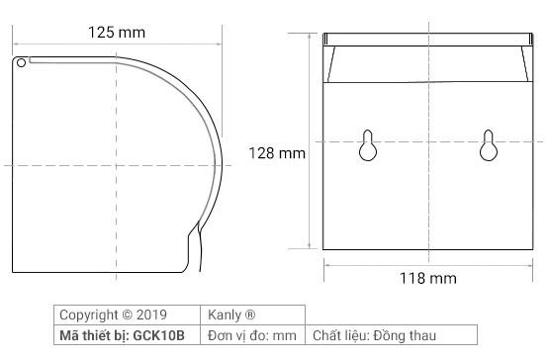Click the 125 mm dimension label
pyautogui.click(x=117, y=32)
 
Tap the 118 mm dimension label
pyautogui.click(x=427, y=280)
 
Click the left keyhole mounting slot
pyautogui.click(x=367, y=145)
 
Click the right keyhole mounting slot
pyautogui.click(x=488, y=145)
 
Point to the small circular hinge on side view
pyautogui.click(x=21, y=63)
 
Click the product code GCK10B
pyautogui.click(x=162, y=335)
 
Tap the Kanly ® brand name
pyautogui.click(x=231, y=315)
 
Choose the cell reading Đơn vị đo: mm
pyautogui.click(x=251, y=335)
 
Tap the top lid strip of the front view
pyautogui.click(x=427, y=38)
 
